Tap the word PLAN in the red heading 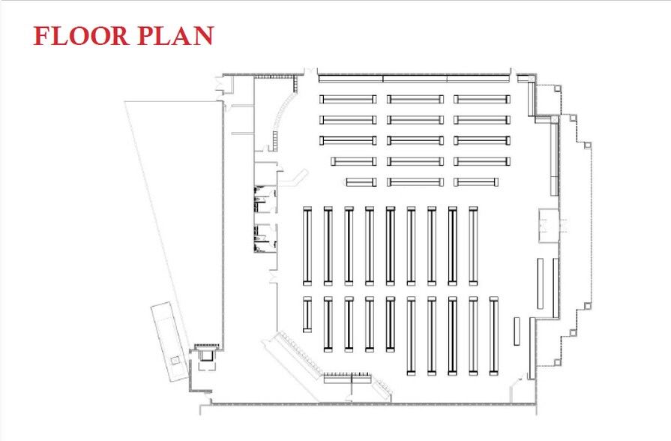(175, 36)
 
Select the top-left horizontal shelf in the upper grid (348, 99)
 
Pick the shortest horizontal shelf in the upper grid (361, 181)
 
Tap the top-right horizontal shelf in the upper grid (481, 99)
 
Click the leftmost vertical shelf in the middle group (307, 246)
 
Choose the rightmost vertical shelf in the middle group (473, 246)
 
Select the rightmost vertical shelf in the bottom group (493, 336)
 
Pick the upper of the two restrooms (265, 199)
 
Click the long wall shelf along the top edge (414, 77)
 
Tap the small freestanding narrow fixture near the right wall (517, 331)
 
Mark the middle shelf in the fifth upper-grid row (415, 181)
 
